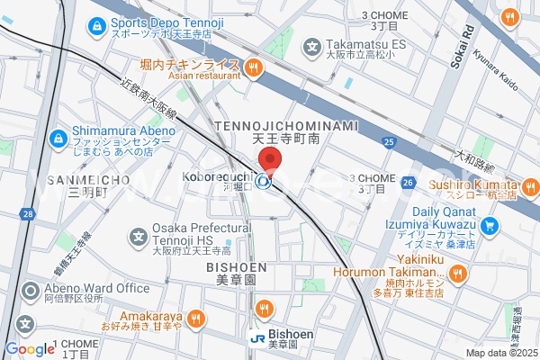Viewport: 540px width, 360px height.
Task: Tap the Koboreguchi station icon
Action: [264, 182]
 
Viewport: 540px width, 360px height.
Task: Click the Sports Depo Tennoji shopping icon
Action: [96, 26]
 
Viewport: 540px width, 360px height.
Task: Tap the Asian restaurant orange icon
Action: [254, 65]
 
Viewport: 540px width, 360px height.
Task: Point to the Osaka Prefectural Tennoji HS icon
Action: [139, 238]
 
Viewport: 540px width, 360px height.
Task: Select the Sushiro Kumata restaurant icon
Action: [530, 187]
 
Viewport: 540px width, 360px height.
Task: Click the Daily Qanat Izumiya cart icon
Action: [490, 225]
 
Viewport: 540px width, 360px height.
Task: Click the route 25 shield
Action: [389, 141]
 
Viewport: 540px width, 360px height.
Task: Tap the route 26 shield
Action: [408, 183]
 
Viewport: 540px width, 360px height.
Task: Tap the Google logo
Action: [30, 349]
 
